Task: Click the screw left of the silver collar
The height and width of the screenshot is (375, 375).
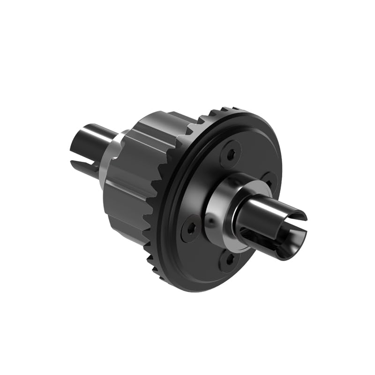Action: pyautogui.click(x=191, y=228)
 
